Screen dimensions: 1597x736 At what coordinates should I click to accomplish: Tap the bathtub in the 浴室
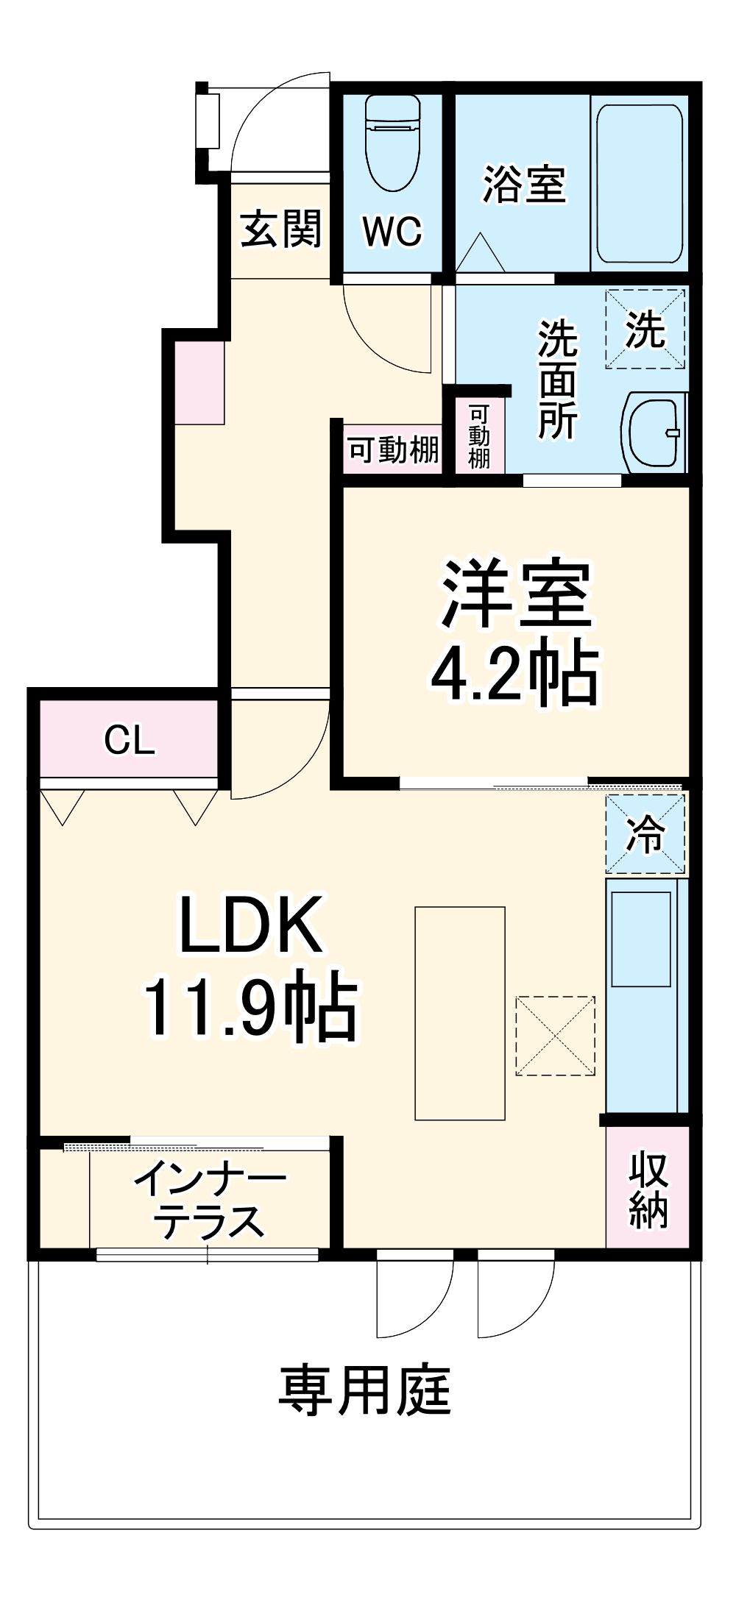pos(639,184)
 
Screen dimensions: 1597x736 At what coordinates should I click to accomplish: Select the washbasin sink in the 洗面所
pos(653,433)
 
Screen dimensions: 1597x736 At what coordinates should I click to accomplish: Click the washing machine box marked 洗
pos(645,329)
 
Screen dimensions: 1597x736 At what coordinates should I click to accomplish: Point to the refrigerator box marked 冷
pos(645,834)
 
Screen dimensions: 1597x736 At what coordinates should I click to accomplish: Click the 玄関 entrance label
pos(281,228)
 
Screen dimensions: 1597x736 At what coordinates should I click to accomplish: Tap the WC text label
pos(392,231)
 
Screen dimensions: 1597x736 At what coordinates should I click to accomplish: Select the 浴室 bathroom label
pos(524,184)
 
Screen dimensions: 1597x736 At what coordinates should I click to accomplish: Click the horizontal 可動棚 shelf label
pos(393,449)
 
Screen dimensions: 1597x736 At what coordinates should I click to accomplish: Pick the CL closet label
pos(130,740)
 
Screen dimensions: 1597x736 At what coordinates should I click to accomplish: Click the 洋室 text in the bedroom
pos(517,594)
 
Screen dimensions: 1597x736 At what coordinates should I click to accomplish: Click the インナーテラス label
pos(209,1200)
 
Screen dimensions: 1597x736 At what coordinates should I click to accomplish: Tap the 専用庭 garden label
pos(365,1390)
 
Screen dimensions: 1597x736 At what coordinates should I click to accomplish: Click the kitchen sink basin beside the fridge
pos(641,939)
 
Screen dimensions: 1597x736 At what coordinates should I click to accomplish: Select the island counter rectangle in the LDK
pos(460,1013)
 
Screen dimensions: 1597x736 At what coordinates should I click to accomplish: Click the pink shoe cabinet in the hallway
pos(199,383)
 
